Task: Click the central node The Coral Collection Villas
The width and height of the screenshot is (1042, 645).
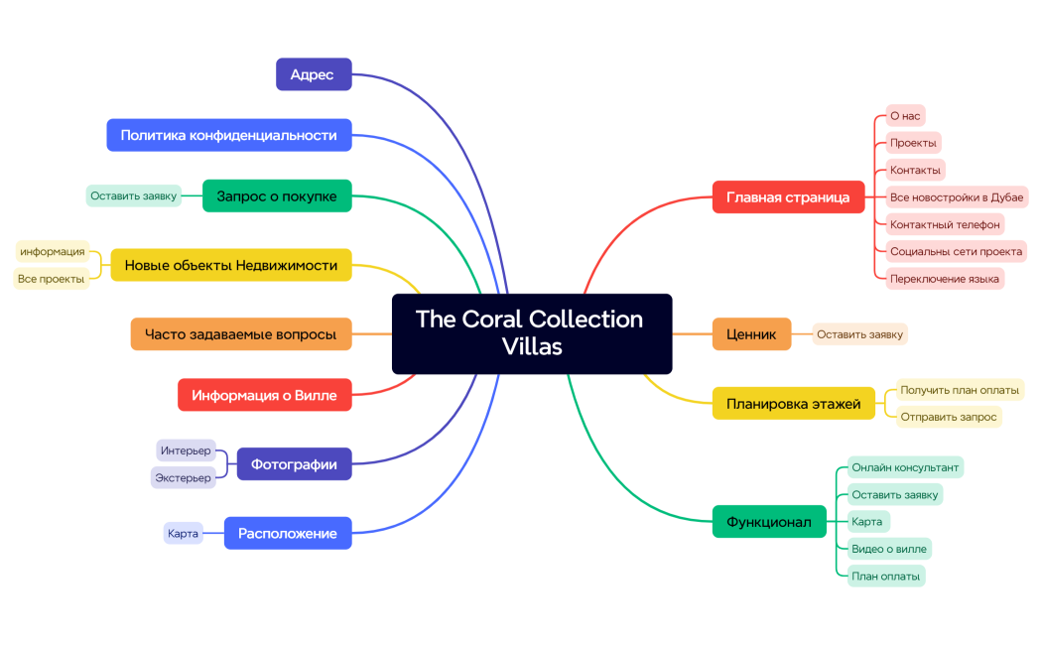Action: click(x=531, y=333)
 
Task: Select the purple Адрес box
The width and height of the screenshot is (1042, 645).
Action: click(x=313, y=74)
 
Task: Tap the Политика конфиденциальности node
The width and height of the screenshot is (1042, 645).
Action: click(x=228, y=135)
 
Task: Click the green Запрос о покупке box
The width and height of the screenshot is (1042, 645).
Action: click(x=277, y=196)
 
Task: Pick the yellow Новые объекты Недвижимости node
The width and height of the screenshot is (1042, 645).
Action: click(x=230, y=265)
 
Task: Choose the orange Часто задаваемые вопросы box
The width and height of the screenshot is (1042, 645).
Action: click(x=241, y=334)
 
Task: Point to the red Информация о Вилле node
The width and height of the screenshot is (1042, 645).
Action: click(x=264, y=395)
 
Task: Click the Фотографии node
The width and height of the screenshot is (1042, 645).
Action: click(x=294, y=463)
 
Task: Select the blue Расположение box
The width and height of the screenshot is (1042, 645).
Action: click(x=288, y=533)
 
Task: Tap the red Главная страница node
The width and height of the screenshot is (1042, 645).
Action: click(x=788, y=196)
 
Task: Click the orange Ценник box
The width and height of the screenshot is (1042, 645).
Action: click(x=751, y=334)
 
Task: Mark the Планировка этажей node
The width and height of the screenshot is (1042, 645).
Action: click(x=793, y=403)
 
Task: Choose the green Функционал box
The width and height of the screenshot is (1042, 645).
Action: click(x=769, y=521)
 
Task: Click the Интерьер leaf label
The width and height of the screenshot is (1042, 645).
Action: click(x=186, y=451)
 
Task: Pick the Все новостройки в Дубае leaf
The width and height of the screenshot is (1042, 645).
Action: click(x=956, y=196)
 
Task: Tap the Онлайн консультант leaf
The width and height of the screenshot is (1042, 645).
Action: click(x=905, y=466)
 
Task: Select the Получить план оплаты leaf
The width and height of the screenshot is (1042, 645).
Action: click(x=960, y=389)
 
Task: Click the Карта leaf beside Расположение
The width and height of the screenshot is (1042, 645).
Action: click(x=183, y=533)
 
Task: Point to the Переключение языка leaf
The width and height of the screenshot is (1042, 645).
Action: click(x=944, y=279)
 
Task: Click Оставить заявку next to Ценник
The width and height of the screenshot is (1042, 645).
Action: click(x=859, y=334)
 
